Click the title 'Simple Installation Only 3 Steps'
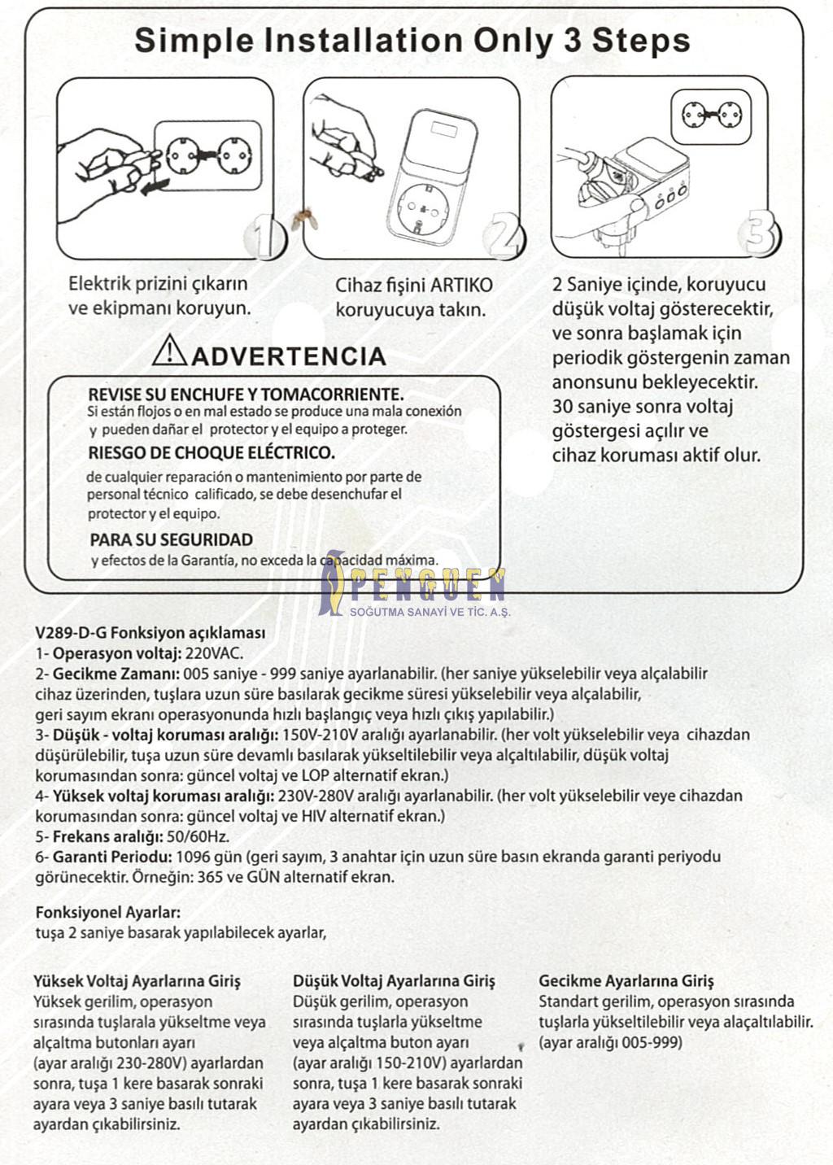tap(412, 41)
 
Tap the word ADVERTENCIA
tap(290, 356)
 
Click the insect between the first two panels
tap(307, 217)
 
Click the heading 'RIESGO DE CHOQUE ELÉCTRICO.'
tap(212, 452)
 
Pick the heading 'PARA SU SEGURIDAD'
tap(171, 539)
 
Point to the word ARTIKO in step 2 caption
tap(461, 286)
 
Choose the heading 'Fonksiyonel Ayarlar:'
tap(108, 913)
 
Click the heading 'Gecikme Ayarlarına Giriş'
tap(626, 981)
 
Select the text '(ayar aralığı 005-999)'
tap(610, 1043)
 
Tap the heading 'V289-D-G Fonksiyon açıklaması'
tap(150, 633)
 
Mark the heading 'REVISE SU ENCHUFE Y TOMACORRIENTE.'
tap(246, 395)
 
